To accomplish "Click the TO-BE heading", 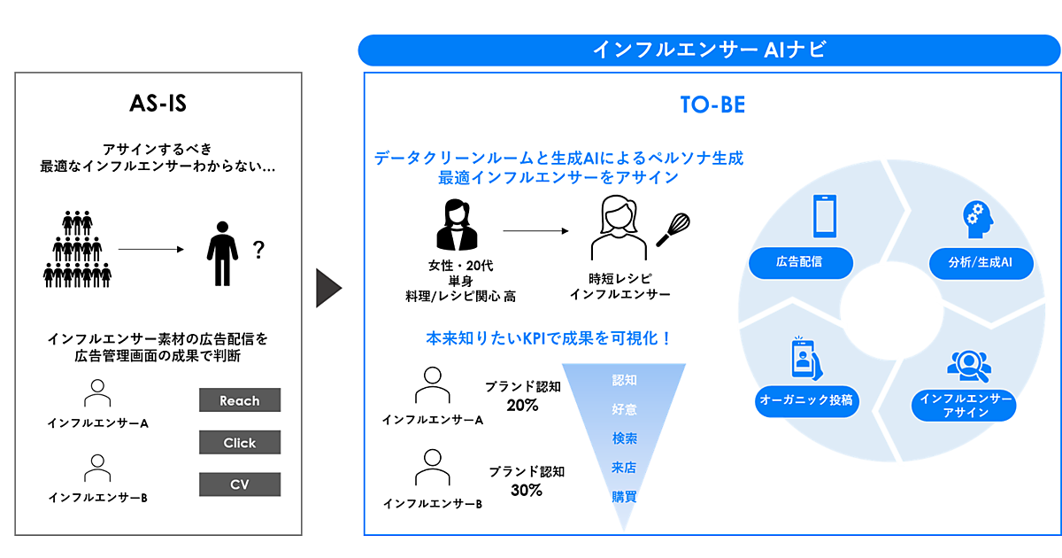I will coord(712,105).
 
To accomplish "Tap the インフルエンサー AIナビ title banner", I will coord(709,50).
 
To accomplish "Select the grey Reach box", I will coord(240,400).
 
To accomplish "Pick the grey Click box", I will coord(240,443).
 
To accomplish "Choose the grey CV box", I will coord(240,484).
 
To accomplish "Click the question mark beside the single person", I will coord(258,251).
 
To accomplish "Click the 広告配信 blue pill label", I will coord(801,263).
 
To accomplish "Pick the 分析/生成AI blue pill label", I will coord(979,263).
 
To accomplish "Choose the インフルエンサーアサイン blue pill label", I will coord(965,406).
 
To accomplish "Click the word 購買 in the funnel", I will coord(624,497).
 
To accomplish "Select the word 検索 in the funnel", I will coord(624,438).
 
